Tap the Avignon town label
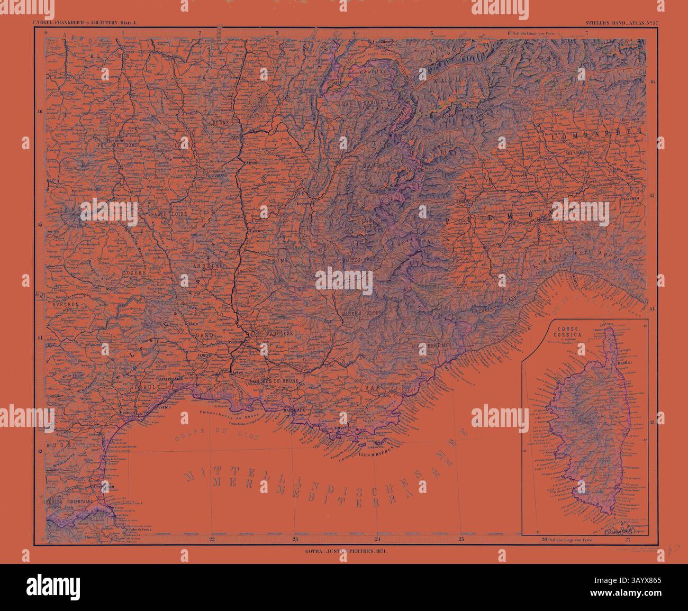234,342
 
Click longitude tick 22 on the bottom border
212,540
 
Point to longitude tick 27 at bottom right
628,540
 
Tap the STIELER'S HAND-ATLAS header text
617,23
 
